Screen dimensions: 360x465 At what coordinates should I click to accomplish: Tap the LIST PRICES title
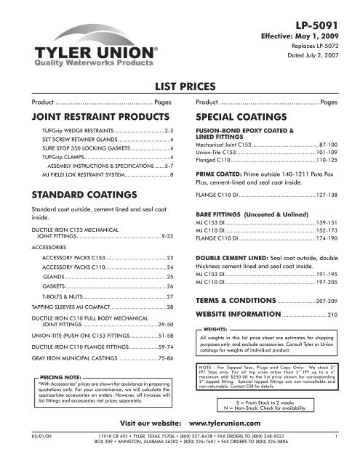tap(180, 87)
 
